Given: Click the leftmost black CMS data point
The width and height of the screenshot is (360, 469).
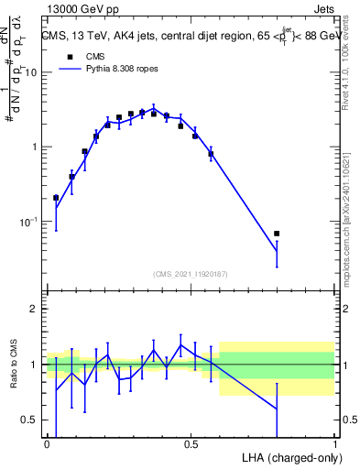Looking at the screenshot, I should click(x=56, y=197).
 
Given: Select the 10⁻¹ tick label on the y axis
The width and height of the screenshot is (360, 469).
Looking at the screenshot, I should click(x=30, y=222).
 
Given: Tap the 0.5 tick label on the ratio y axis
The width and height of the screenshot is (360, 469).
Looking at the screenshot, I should click(x=32, y=420).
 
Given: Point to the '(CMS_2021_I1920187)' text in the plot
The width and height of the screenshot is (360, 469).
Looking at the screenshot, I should click(x=190, y=274).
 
